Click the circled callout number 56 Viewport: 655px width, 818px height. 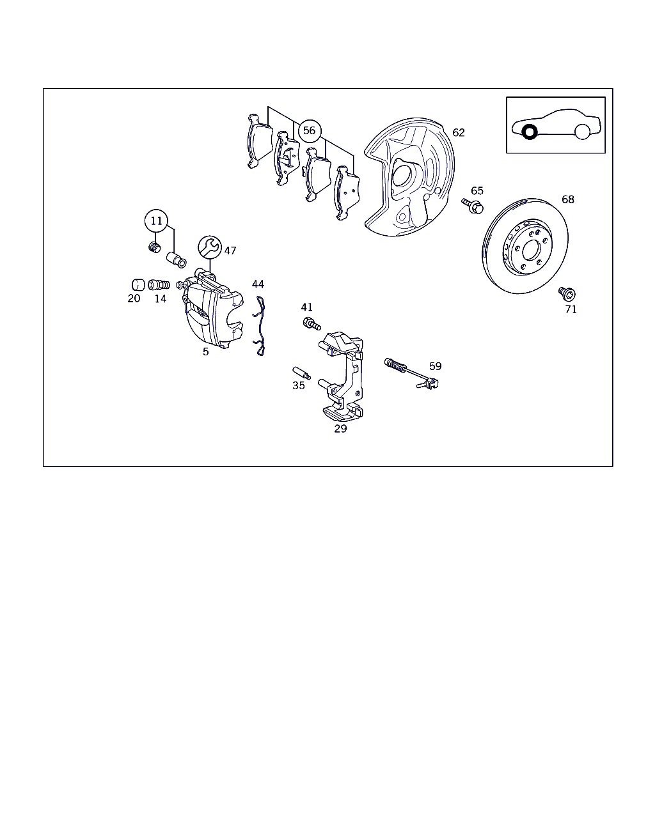310,131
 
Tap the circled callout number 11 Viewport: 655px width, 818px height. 156,220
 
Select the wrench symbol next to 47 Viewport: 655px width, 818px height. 210,247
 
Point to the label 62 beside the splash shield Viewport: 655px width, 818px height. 458,132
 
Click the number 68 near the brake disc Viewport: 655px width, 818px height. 567,199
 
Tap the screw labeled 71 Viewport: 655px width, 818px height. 567,293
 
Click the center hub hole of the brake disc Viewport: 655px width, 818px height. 532,251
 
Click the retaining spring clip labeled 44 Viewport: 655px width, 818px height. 259,326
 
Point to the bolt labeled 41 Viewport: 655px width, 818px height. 312,323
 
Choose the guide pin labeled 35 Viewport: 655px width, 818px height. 301,373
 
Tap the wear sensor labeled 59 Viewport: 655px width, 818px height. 411,374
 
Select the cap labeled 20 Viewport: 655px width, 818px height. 138,284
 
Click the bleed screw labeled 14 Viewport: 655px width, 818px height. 159,284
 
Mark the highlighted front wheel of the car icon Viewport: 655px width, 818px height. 530,132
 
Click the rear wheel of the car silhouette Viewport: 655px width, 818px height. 582,132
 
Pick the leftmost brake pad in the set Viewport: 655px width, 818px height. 260,141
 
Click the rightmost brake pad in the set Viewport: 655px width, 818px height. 347,192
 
